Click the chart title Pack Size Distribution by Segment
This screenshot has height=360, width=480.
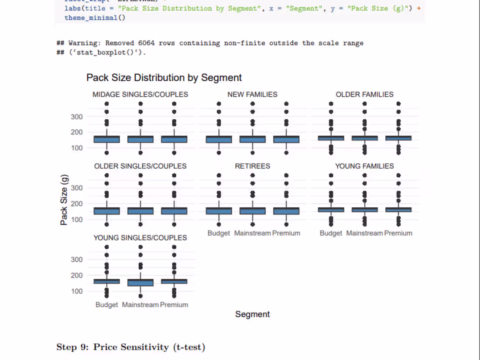[x=164, y=78]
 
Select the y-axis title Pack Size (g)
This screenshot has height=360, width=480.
[x=64, y=204]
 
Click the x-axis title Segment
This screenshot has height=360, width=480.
[x=252, y=314]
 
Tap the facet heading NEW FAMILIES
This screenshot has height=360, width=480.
[x=252, y=94]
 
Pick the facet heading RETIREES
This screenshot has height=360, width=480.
[x=252, y=166]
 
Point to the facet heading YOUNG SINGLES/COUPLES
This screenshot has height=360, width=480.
[x=140, y=237]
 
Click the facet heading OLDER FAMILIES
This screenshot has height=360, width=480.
[x=364, y=94]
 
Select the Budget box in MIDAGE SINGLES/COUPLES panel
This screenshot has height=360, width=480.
[x=106, y=139]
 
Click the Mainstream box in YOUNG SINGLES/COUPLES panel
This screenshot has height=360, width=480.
[x=140, y=282]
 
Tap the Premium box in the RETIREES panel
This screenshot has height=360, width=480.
[x=286, y=211]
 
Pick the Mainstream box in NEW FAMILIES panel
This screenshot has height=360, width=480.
[x=252, y=139]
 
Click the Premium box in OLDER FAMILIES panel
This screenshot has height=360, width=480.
[x=398, y=138]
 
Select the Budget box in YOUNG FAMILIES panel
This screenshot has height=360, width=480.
[x=331, y=209]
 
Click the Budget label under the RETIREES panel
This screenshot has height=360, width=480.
[x=219, y=233]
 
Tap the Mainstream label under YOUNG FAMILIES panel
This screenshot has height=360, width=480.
[x=364, y=233]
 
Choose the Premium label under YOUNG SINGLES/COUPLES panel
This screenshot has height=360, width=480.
[x=174, y=305]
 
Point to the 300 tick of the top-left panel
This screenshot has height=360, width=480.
[x=77, y=117]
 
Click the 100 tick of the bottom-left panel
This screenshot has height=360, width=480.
[x=77, y=291]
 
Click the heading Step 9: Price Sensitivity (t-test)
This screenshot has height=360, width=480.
[x=130, y=347]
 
